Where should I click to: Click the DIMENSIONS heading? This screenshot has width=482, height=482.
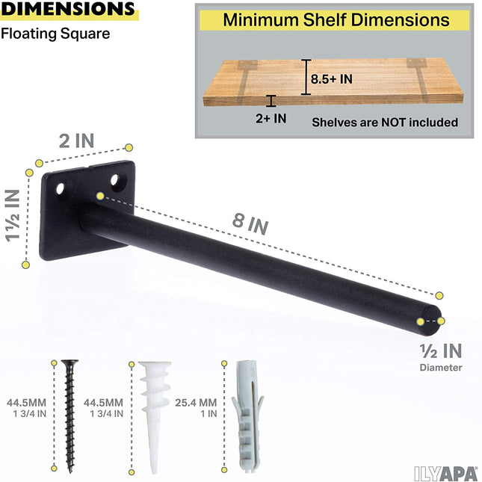tap(68, 10)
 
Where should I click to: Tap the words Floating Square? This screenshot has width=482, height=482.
tap(55, 34)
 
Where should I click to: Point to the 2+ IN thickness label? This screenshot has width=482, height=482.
tap(270, 117)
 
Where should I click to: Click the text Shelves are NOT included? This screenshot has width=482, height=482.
tap(385, 122)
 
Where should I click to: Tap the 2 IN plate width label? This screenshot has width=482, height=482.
tap(78, 141)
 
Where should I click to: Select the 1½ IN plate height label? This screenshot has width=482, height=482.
tap(13, 216)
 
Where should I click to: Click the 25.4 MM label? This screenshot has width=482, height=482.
tap(197, 403)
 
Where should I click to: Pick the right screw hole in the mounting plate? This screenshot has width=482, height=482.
tap(116, 181)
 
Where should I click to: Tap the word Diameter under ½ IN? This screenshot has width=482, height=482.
tap(441, 367)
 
